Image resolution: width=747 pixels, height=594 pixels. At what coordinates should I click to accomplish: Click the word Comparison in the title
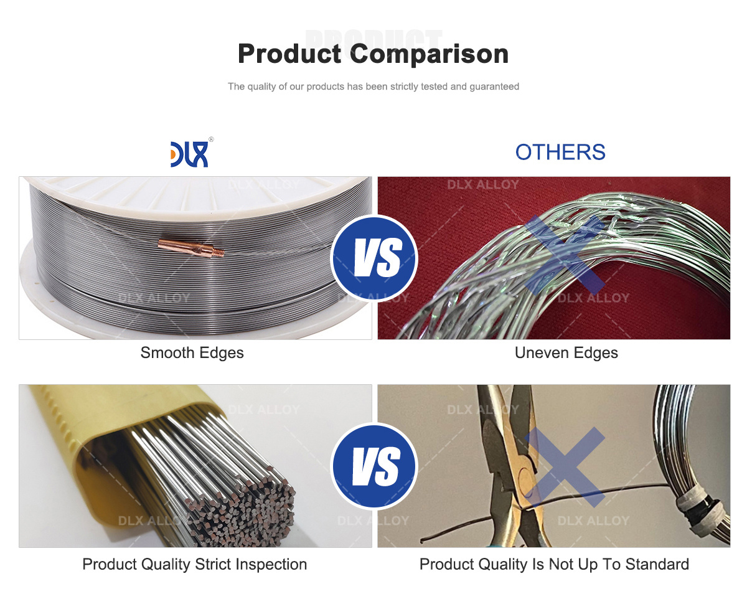pos(430,54)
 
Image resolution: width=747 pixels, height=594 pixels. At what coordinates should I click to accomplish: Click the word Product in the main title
pos(289,54)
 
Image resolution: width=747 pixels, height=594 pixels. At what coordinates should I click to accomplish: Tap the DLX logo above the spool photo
pos(189,153)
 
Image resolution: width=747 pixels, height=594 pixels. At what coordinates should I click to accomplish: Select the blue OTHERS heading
pos(560,152)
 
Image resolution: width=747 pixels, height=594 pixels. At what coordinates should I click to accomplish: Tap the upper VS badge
pos(374,257)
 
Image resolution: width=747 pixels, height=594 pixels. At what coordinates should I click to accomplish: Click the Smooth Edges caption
pos(192,352)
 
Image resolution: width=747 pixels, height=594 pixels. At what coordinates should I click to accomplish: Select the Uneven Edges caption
pos(566,352)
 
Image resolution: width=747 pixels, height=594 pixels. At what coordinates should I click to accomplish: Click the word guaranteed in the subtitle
pos(494,87)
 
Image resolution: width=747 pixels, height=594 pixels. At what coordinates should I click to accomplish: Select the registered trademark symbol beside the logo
pos(211,139)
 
